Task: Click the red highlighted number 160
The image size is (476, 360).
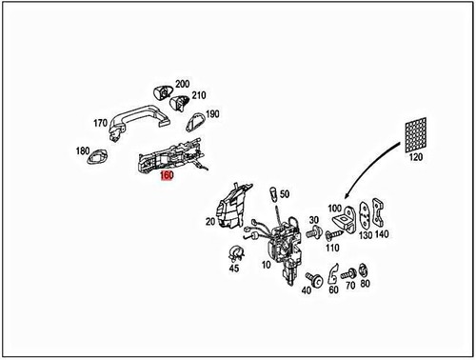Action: (x=167, y=176)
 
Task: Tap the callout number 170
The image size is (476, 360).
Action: (x=100, y=123)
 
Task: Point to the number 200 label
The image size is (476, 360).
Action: (x=182, y=85)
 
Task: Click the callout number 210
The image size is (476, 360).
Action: (x=199, y=96)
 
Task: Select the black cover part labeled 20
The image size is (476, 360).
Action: (x=231, y=205)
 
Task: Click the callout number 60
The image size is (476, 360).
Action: (x=333, y=289)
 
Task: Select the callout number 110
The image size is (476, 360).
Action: (x=331, y=248)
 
